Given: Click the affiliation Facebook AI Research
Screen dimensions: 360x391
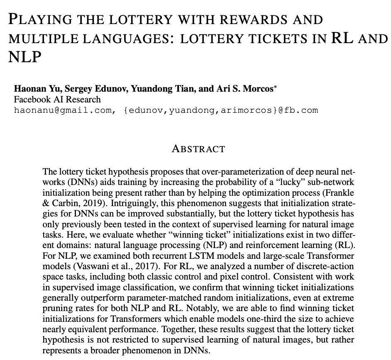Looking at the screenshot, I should click(57, 100).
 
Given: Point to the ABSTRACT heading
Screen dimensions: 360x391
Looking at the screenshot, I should click(198, 149).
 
